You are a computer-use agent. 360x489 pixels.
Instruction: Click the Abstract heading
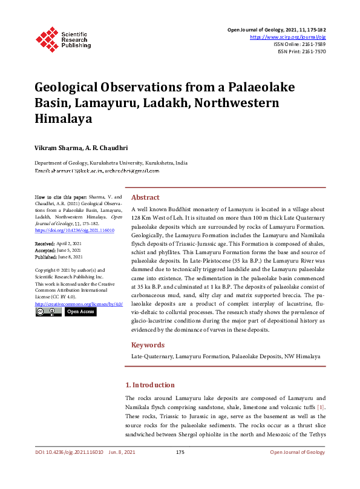pyautogui.click(x=145, y=197)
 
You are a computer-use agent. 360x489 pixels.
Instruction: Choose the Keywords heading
pyautogui.click(x=148, y=345)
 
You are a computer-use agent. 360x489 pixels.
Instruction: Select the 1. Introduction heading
pyautogui.click(x=149, y=385)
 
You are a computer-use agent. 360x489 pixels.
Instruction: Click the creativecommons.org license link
pyautogui.click(x=79, y=304)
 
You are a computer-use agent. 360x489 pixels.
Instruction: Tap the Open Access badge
pyautogui.click(x=80, y=312)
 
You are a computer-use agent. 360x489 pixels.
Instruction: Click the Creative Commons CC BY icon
pyautogui.click(x=48, y=312)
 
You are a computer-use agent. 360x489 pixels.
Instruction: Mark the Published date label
pyautogui.click(x=46, y=256)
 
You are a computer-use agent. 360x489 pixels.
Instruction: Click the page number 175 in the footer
pyautogui.click(x=180, y=452)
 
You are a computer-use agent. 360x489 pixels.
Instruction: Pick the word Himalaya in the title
pyautogui.click(x=63, y=119)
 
